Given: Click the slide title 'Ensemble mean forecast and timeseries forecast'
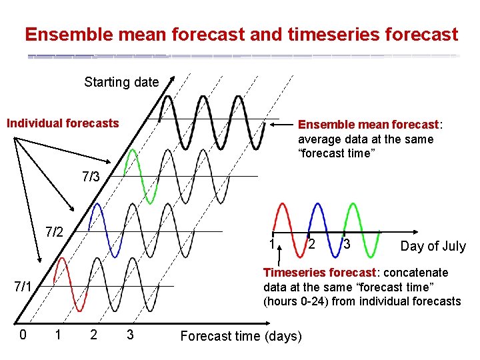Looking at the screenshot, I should point(241,34).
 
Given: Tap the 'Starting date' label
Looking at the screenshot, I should point(121,82).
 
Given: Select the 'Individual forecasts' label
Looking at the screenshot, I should point(63,123).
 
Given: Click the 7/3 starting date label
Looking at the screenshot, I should point(91,177).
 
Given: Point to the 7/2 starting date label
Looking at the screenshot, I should point(54,232).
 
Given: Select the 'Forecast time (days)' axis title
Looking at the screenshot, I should point(241,335).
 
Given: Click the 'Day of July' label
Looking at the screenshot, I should point(433,246).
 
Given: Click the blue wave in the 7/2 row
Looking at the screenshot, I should point(98,230).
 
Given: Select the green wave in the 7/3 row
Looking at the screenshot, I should point(134,176).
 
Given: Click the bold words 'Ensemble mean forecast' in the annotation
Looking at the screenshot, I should point(368,125).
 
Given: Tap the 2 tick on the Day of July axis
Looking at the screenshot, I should point(312,244).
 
